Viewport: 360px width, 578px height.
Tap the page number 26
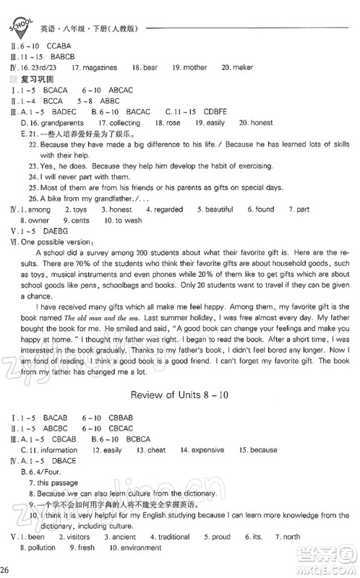tap(6, 571)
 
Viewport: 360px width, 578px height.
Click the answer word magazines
tap(97, 67)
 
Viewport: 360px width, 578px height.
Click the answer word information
tap(58, 450)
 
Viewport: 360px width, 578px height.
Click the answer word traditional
tap(173, 537)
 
